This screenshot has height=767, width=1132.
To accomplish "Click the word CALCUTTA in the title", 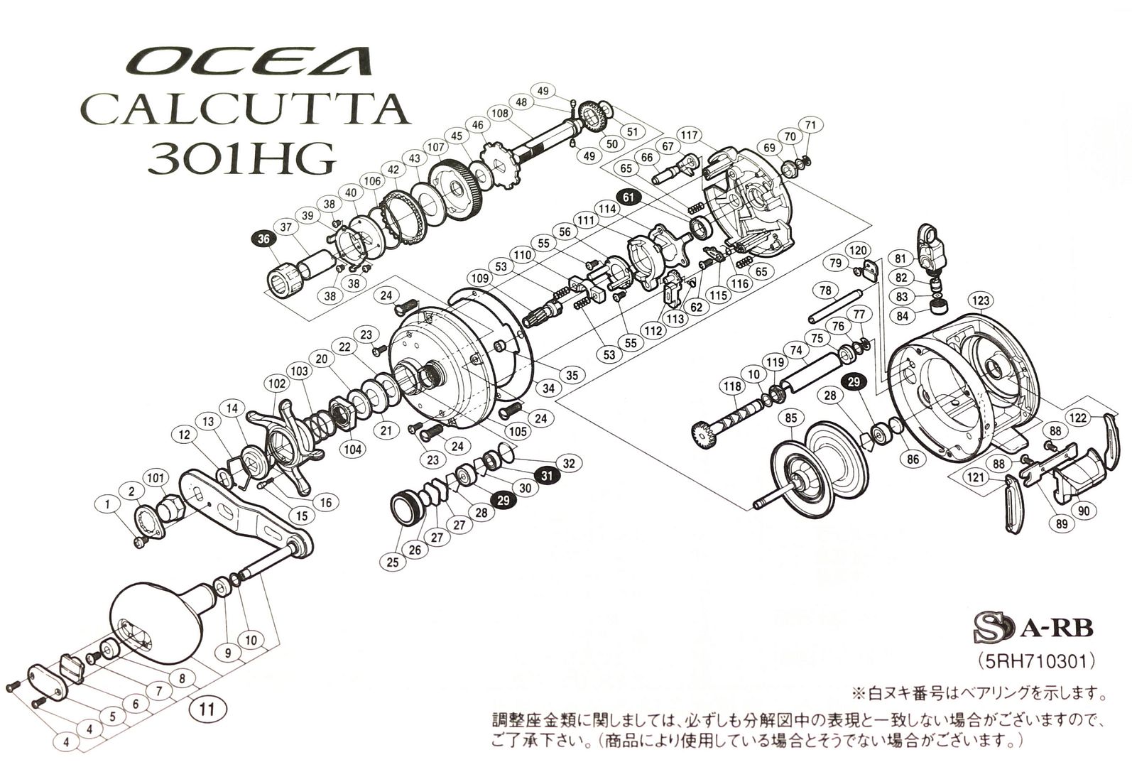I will pyautogui.click(x=245, y=110).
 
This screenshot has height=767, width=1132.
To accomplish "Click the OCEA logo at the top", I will pyautogui.click(x=249, y=62).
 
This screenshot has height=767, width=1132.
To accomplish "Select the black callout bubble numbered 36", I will pyautogui.click(x=263, y=239).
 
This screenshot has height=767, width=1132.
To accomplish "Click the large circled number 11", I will pyautogui.click(x=207, y=707).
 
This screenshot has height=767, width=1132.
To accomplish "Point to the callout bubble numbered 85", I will pyautogui.click(x=790, y=419).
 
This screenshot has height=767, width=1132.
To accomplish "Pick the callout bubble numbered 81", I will pyautogui.click(x=900, y=258).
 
